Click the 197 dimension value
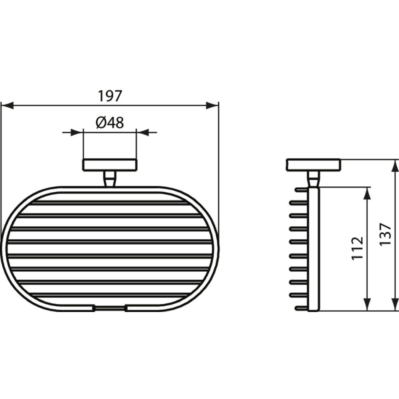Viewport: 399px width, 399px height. (x=110, y=96)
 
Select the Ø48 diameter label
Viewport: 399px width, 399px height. (x=110, y=122)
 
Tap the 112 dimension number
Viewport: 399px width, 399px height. (x=357, y=248)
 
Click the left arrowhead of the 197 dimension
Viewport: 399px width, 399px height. (x=7, y=105)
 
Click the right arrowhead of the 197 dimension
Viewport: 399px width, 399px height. (x=212, y=105)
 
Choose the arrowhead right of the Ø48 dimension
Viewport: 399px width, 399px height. (x=143, y=132)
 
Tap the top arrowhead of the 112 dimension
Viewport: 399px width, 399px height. (x=367, y=194)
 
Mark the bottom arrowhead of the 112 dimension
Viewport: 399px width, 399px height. (x=367, y=304)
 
